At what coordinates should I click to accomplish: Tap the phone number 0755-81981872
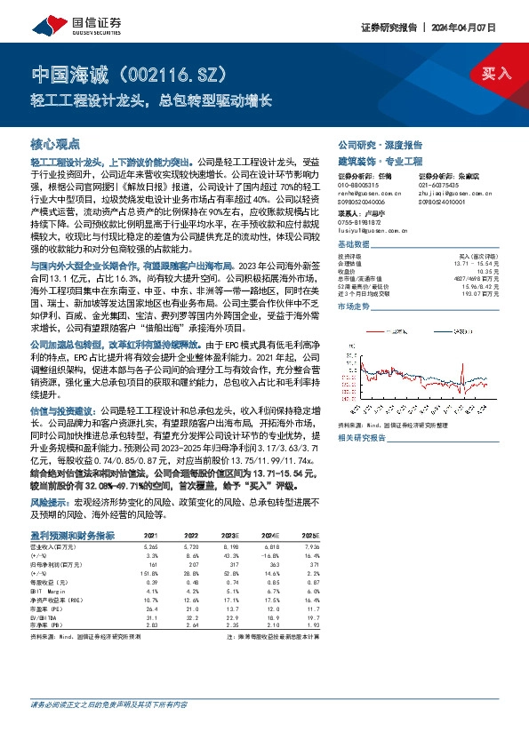[359, 222]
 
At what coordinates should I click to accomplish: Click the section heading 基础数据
[354, 244]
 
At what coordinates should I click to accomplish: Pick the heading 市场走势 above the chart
[354, 304]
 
